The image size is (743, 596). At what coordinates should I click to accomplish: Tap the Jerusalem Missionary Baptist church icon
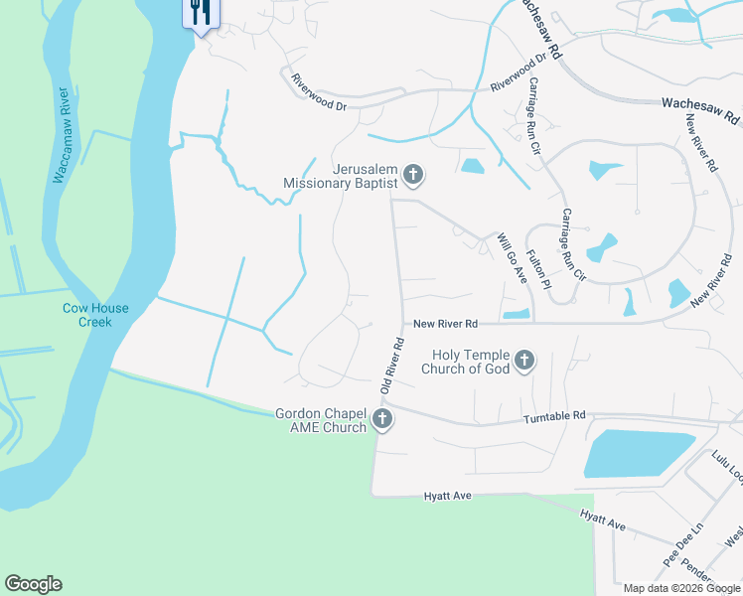click(413, 177)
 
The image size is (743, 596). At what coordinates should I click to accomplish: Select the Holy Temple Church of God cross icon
click(525, 361)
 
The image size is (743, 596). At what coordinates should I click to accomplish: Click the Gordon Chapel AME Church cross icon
click(382, 420)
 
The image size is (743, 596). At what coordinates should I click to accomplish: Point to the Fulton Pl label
click(537, 269)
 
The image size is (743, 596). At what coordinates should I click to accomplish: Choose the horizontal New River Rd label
click(446, 324)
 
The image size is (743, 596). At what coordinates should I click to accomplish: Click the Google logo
click(34, 583)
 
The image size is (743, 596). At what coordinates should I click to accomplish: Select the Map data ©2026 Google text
click(681, 588)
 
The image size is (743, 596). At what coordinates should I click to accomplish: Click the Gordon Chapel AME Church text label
click(321, 420)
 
